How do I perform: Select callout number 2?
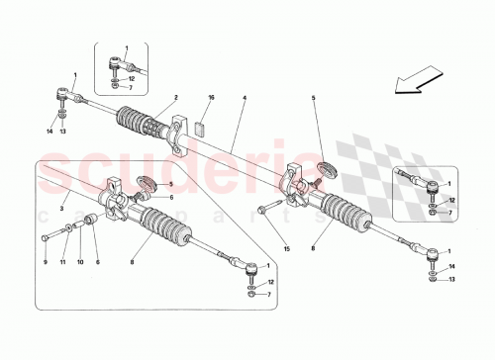(174, 97)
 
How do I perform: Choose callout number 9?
(44, 262)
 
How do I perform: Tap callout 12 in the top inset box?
(145, 76)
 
